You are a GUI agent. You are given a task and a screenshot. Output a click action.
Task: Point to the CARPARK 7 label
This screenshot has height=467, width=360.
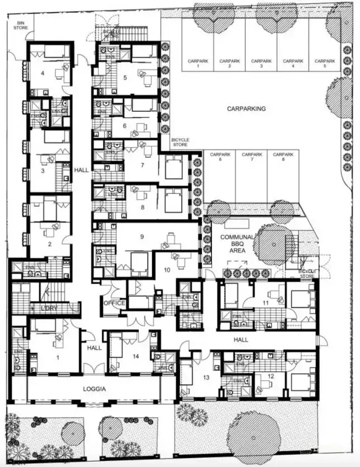tap(252, 157)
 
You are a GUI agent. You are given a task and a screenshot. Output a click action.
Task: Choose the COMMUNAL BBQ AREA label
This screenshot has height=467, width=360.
tap(238, 244)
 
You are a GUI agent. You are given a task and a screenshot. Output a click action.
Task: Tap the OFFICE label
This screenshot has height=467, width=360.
tap(114, 303)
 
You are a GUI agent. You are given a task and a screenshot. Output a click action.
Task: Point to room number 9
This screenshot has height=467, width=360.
tap(142, 237)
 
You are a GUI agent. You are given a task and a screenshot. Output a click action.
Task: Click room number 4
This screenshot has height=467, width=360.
tap(42, 73)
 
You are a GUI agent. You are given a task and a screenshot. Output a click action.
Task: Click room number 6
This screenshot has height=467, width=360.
tap(125, 126)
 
